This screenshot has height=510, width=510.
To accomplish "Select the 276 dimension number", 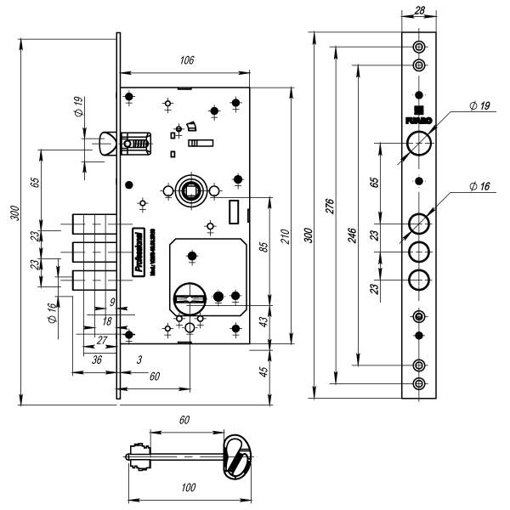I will click(x=330, y=207).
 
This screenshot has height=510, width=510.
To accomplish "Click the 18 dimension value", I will click(x=107, y=321).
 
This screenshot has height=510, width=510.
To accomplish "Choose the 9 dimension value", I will click(x=111, y=301).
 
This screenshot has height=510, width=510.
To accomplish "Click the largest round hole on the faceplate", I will click(x=418, y=143).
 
